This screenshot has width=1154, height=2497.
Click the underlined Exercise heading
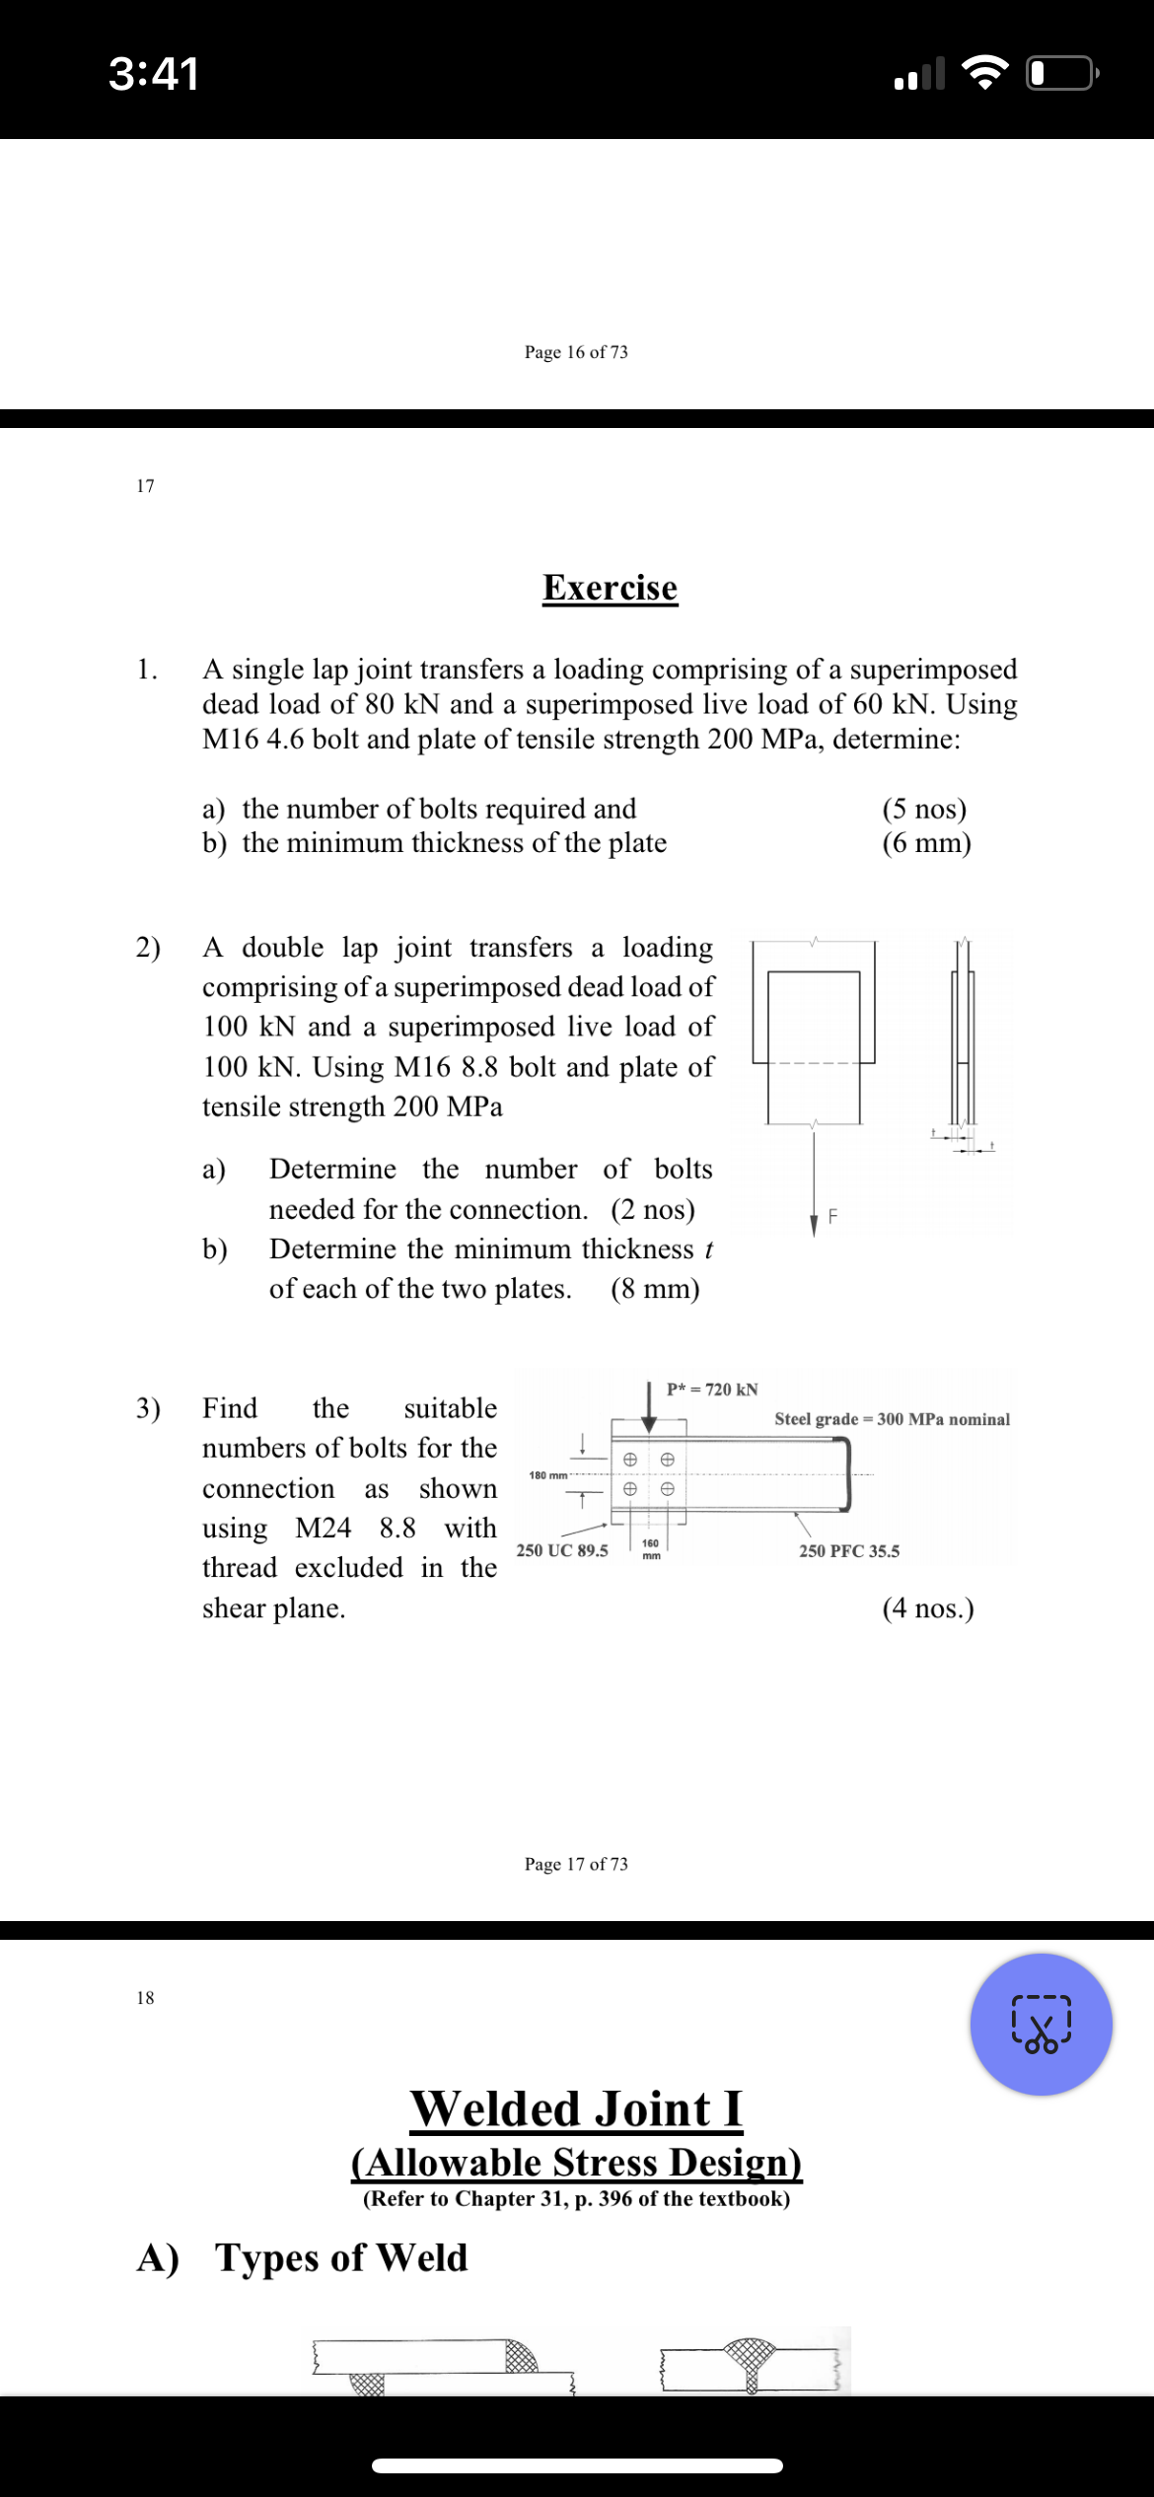610,588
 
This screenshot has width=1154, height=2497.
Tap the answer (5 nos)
924,809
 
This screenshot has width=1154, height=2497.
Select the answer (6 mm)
926,843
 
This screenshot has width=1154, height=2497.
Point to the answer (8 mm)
655,1289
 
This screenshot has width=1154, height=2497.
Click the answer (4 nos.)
927,1608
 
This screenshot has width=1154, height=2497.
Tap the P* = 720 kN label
712,1390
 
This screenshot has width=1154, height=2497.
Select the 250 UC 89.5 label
562,1550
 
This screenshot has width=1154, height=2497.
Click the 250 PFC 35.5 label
849,1551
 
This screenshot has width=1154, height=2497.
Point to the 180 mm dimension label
548,1475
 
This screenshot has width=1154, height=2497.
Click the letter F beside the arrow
832,1217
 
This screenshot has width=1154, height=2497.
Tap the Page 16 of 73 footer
576,352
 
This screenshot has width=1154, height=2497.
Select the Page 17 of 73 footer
576,1864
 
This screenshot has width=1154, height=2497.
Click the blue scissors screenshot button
1041,2025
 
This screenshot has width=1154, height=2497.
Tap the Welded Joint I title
577,2109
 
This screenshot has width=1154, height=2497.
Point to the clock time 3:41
154,74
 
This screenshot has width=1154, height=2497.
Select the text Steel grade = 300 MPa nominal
892,1419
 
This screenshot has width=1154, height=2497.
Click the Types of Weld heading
341,2257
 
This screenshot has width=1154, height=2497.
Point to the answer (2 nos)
653,1209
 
